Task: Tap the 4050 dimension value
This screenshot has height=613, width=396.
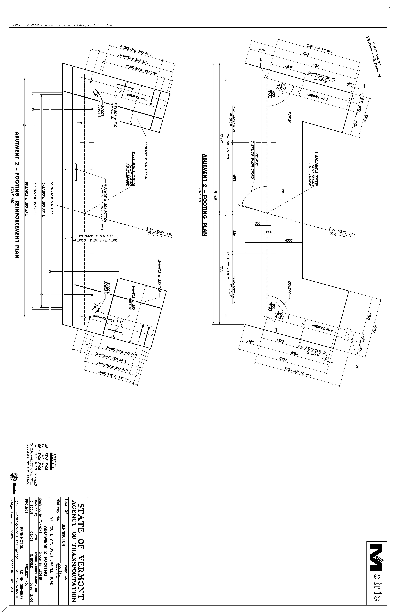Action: pos(289,241)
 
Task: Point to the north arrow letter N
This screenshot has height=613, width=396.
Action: pos(379,75)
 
